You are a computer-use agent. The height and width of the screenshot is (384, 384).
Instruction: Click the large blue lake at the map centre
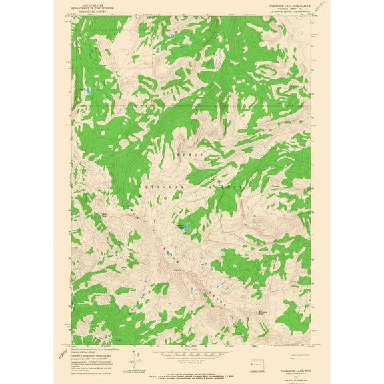(187, 227)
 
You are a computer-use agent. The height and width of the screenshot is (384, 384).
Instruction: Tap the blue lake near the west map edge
(88, 89)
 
